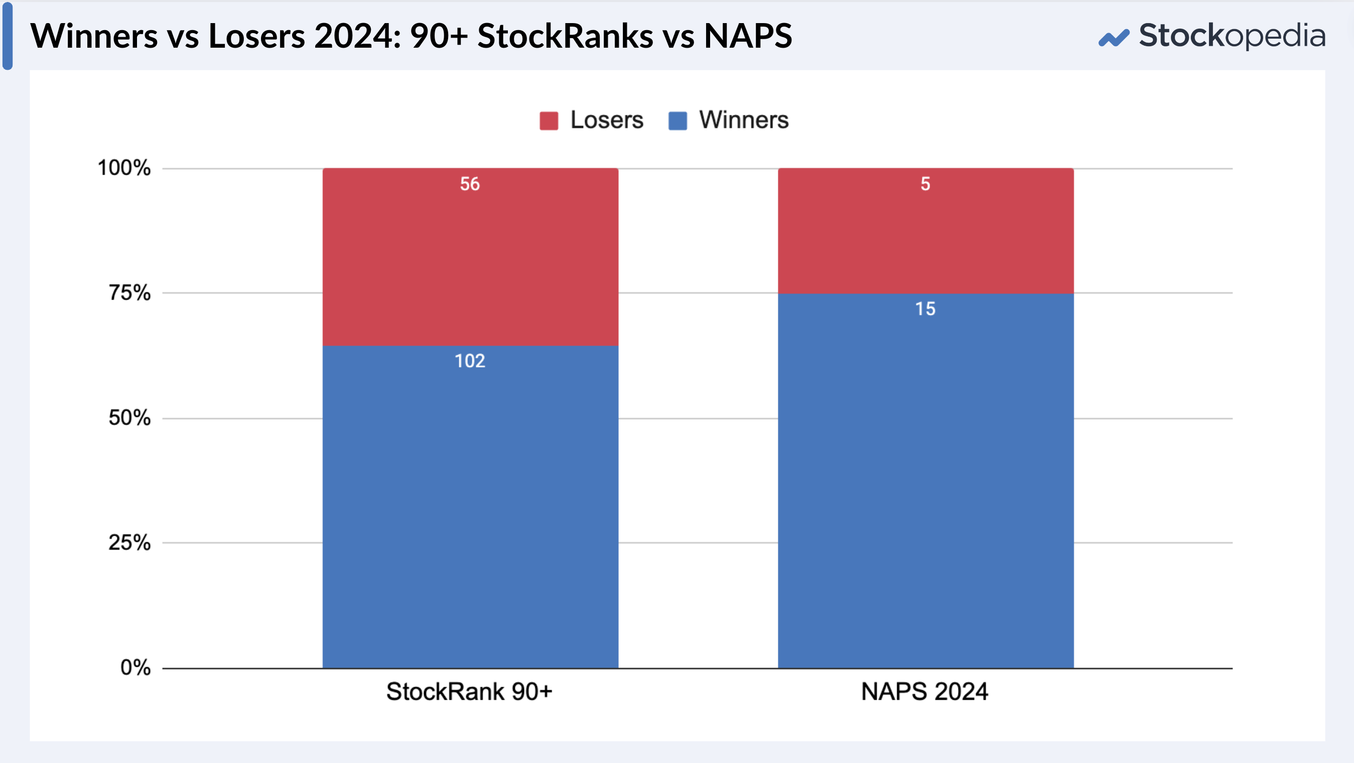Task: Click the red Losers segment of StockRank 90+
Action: pyautogui.click(x=470, y=257)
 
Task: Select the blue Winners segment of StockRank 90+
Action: pyautogui.click(x=470, y=507)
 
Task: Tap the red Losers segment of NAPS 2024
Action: pyautogui.click(x=925, y=231)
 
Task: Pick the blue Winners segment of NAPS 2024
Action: pyautogui.click(x=925, y=480)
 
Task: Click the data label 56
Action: pyautogui.click(x=470, y=184)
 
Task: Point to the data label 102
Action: pyautogui.click(x=470, y=361)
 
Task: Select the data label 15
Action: pyautogui.click(x=925, y=309)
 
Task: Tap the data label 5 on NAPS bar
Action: pyautogui.click(x=925, y=184)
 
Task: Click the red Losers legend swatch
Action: pyautogui.click(x=549, y=120)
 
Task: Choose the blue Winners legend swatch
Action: pyautogui.click(x=678, y=120)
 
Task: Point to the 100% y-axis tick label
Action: pyautogui.click(x=124, y=168)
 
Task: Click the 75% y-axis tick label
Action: pyautogui.click(x=129, y=293)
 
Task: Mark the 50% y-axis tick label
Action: pyautogui.click(x=129, y=418)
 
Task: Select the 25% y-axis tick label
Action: pyautogui.click(x=129, y=543)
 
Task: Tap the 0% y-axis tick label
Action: pyautogui.click(x=136, y=668)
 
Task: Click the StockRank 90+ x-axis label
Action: pyautogui.click(x=469, y=692)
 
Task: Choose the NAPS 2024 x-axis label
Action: pyautogui.click(x=924, y=692)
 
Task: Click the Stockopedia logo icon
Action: pyautogui.click(x=1114, y=38)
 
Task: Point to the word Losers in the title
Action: pyautogui.click(x=257, y=36)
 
